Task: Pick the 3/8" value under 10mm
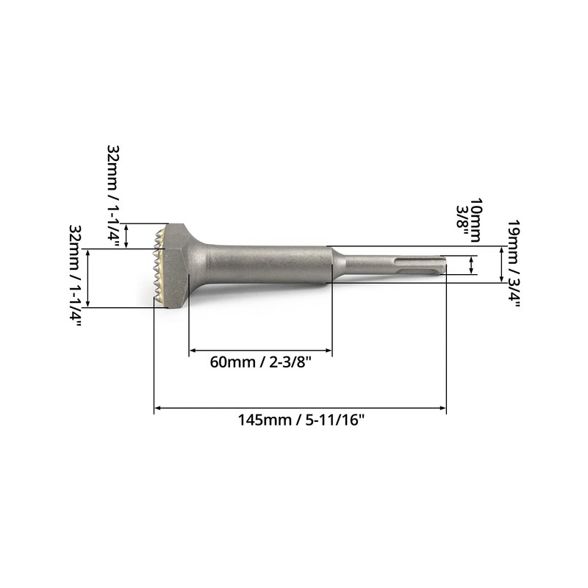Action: tap(462, 218)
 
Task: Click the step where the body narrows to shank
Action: tap(332, 264)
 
